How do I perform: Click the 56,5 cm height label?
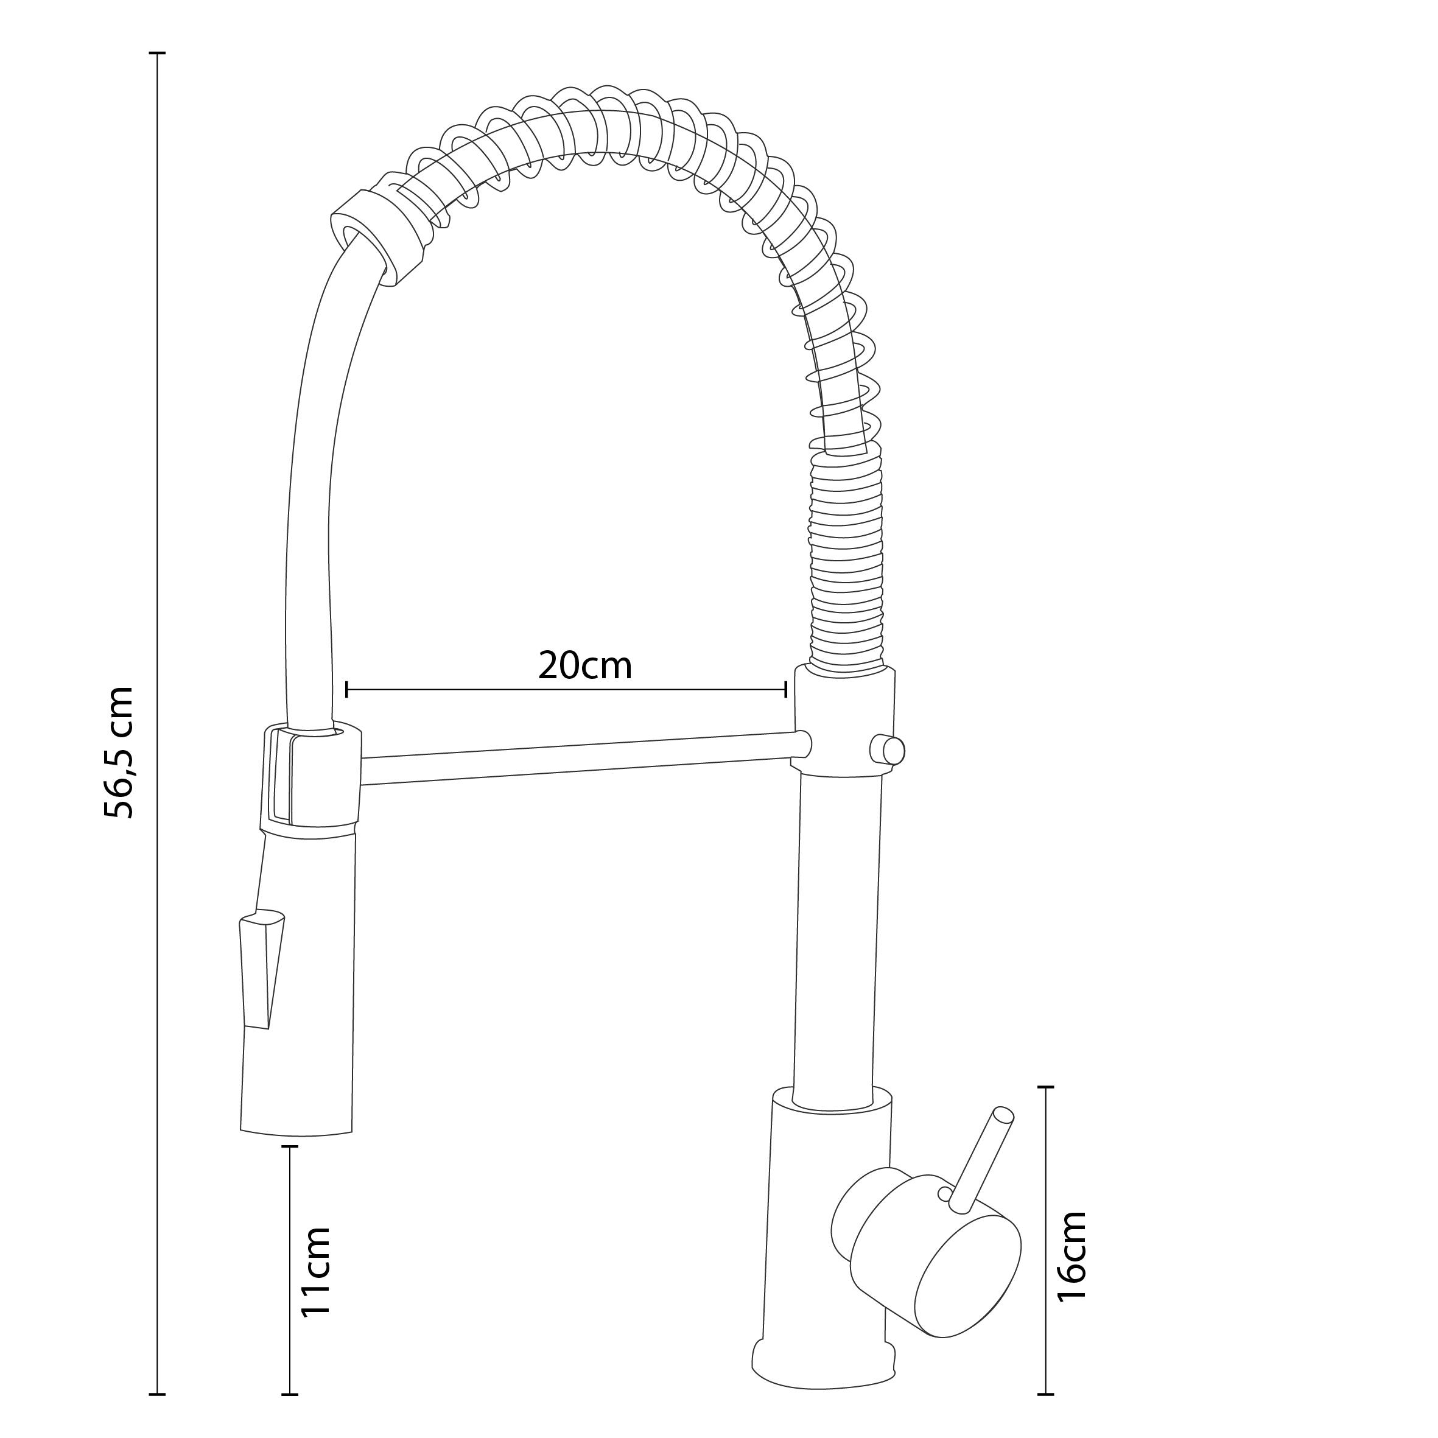[119, 752]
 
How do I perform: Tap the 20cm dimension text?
[585, 665]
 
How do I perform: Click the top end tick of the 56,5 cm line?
[157, 54]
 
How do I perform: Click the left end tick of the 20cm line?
[347, 689]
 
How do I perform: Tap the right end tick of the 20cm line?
[786, 689]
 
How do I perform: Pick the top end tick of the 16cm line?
[1047, 1087]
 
